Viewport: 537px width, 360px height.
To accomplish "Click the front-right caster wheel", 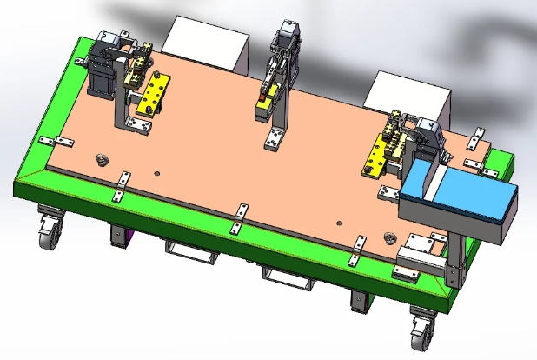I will [421, 330].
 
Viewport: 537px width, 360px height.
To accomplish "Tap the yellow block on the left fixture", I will [155, 94].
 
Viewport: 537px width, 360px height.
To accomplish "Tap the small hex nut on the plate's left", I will [100, 159].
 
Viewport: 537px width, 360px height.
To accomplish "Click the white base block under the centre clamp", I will [276, 138].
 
